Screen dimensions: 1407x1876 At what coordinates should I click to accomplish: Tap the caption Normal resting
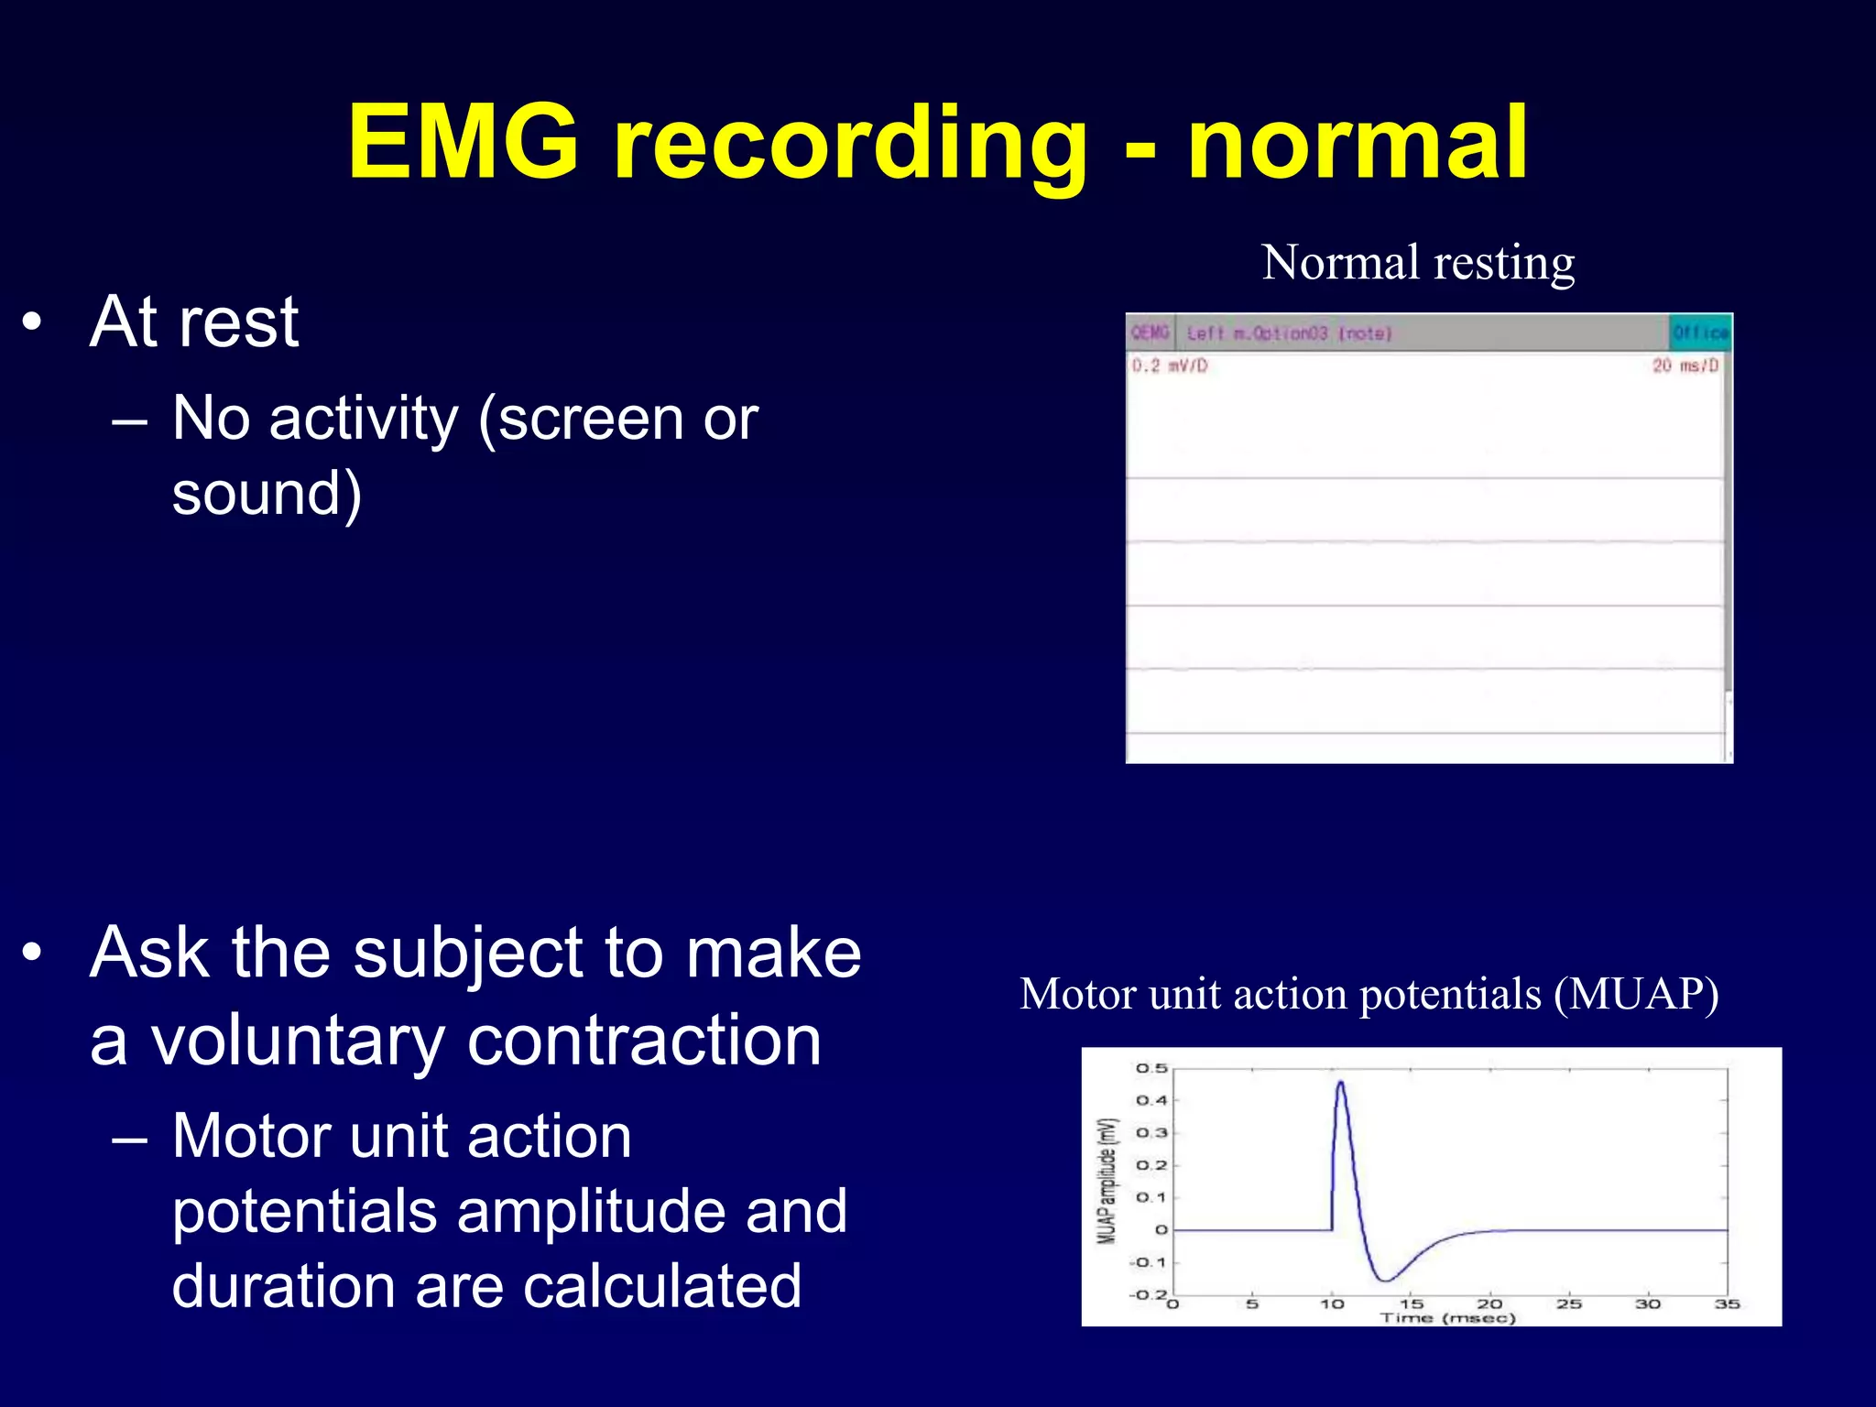1418,263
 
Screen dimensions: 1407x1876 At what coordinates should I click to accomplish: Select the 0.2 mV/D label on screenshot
1170,366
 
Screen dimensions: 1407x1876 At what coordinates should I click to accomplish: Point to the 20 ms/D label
1685,366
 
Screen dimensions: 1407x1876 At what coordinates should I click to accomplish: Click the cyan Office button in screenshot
1700,333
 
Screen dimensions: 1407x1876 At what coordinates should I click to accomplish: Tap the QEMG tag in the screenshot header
1150,333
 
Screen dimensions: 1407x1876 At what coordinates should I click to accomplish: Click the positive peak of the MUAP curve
1340,1084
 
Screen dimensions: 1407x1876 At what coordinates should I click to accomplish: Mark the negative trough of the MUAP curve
1385,1280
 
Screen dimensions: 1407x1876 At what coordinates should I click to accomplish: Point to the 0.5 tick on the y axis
1151,1068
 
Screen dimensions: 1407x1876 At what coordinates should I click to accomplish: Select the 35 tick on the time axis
1727,1303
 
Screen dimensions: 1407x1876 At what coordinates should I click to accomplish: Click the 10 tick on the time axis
1332,1303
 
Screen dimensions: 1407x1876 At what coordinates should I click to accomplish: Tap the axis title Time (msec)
1447,1318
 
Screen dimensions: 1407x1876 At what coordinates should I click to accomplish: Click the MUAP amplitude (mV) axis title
1108,1181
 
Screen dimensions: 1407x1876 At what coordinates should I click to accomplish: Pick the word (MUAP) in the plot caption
1636,995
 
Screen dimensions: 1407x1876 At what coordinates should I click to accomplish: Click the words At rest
194,322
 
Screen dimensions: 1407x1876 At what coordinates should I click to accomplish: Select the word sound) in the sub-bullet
267,494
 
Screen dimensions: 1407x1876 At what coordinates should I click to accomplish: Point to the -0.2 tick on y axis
1148,1295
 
